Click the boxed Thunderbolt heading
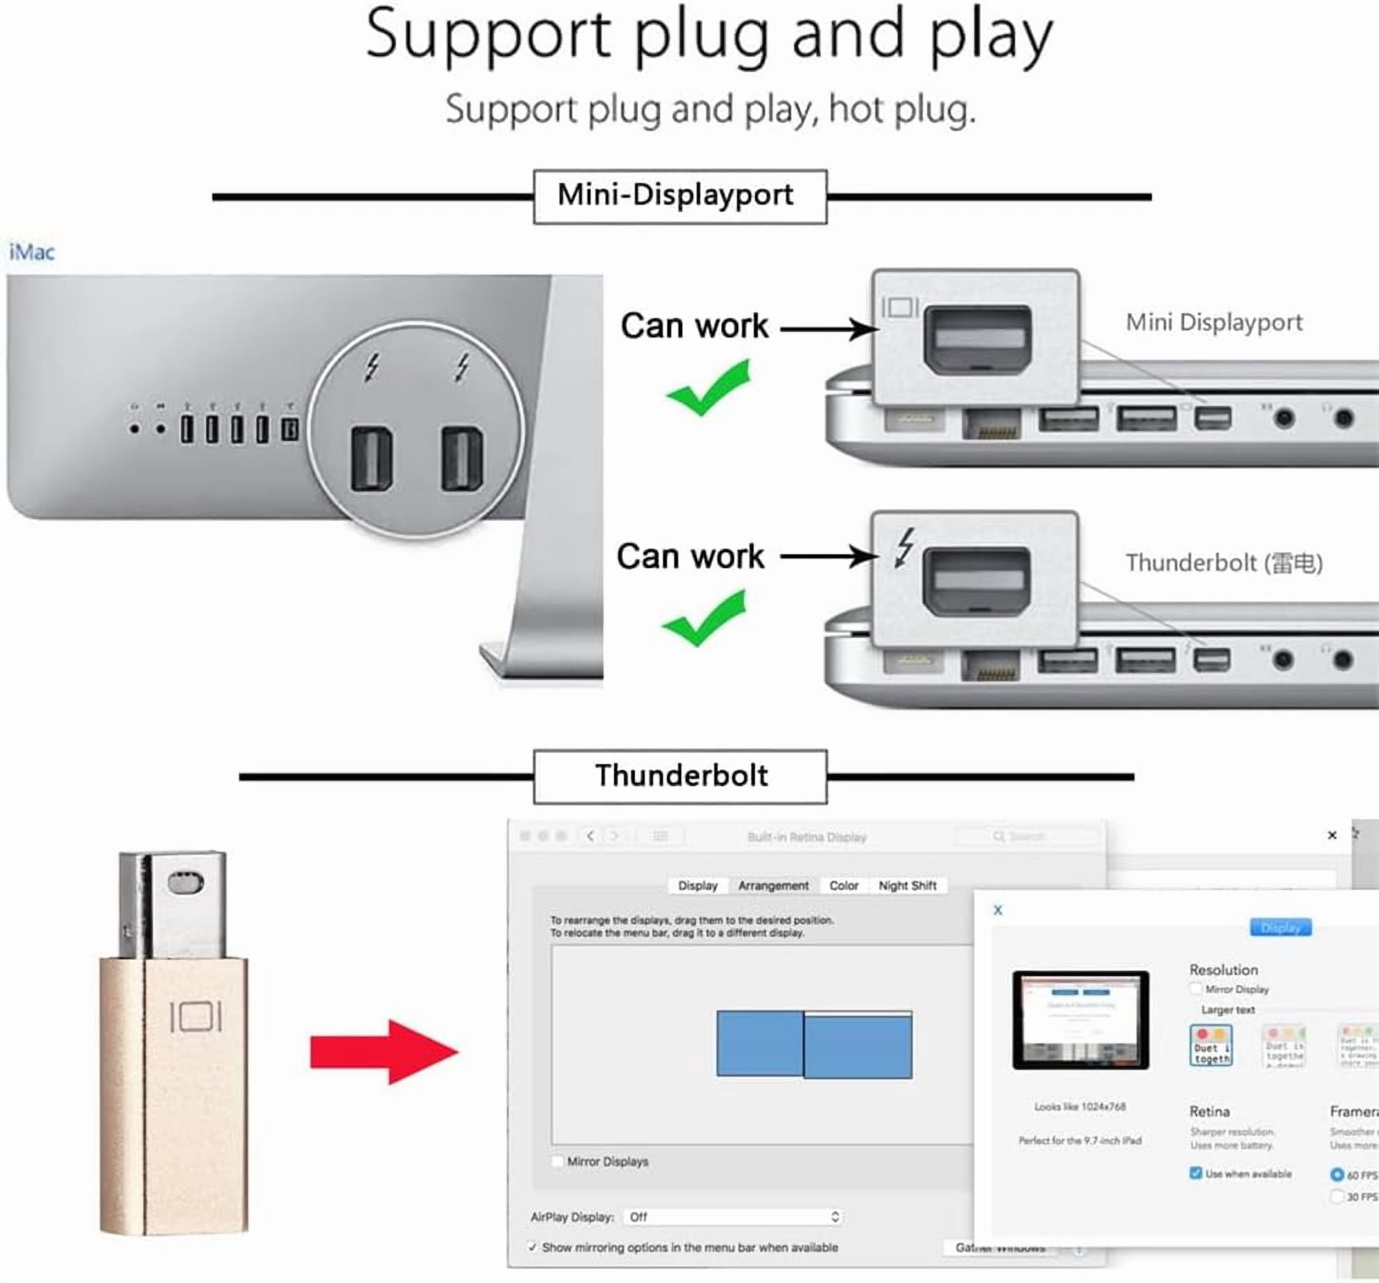(680, 776)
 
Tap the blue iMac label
(31, 252)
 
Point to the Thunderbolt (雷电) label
(1224, 563)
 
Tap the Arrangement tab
(773, 885)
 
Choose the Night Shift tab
(907, 885)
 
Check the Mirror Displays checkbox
(557, 1161)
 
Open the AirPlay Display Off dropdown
(732, 1217)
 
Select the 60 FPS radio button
(1336, 1175)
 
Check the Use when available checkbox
(1195, 1173)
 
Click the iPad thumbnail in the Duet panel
(1080, 1020)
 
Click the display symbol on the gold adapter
(196, 1017)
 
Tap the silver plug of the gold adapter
(173, 903)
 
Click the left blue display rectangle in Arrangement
(759, 1043)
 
